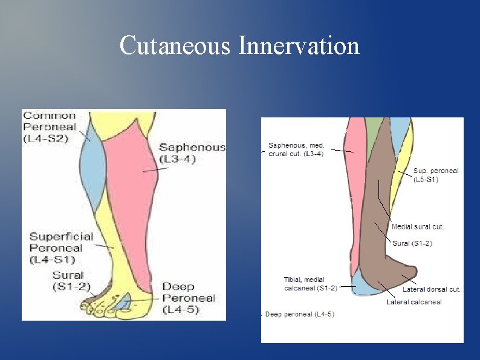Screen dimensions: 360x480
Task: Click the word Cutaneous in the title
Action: [174, 46]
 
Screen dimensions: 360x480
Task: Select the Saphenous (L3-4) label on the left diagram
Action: [192, 153]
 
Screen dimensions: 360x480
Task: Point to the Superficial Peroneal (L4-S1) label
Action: [61, 247]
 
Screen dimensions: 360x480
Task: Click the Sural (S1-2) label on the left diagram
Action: [71, 281]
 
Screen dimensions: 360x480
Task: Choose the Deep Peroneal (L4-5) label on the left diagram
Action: [189, 298]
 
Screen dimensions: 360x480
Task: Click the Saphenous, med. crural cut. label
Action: [296, 149]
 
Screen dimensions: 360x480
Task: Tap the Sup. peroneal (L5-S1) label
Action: [436, 175]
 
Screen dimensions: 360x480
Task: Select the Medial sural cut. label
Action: [418, 227]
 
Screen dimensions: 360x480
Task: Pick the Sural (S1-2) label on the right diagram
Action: [412, 243]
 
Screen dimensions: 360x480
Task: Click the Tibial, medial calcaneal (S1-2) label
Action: [310, 283]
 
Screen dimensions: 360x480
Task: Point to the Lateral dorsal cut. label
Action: [432, 289]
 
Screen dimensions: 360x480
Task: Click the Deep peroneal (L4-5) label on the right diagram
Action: [300, 314]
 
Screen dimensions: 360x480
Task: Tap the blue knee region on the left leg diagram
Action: [92, 169]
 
